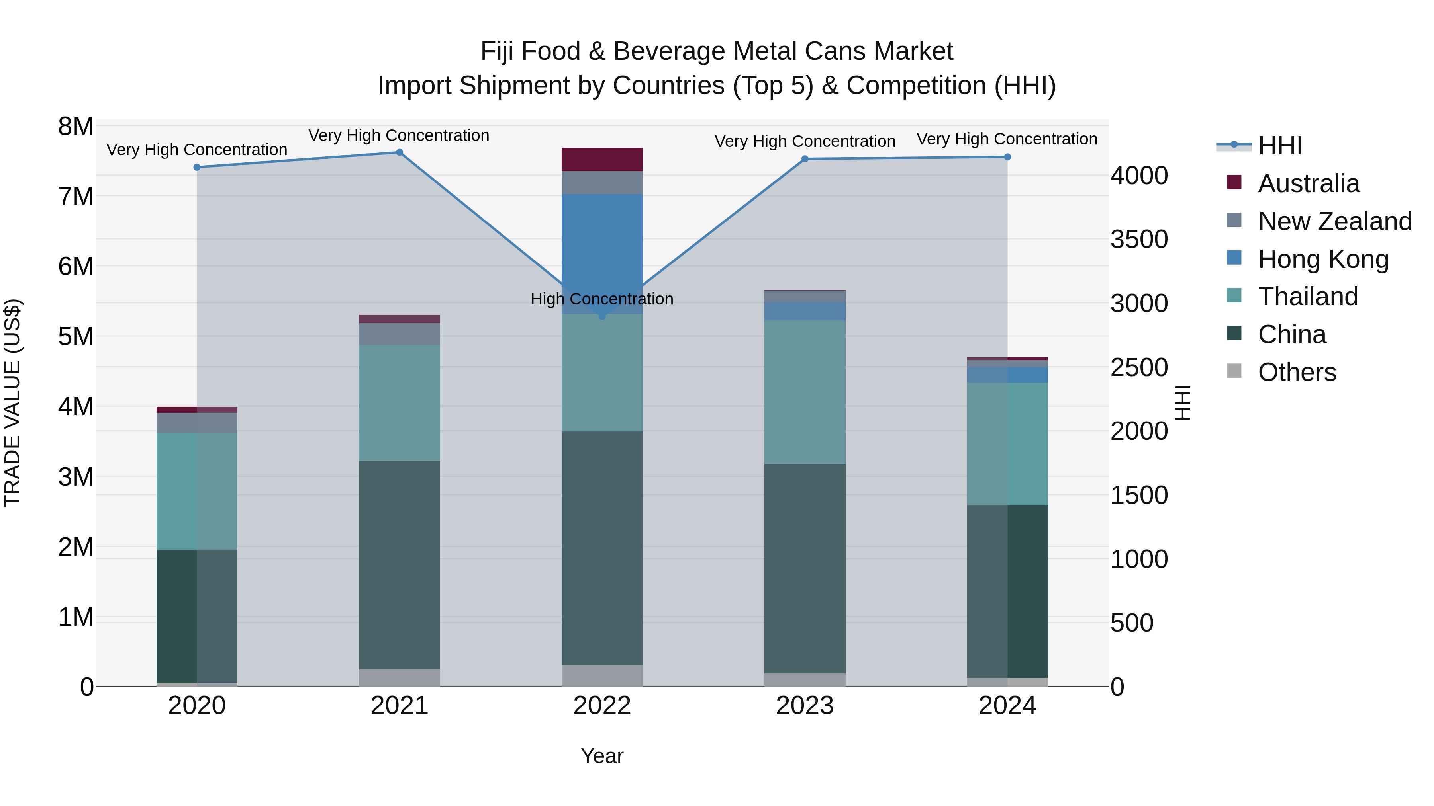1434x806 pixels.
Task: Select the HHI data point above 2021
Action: click(x=399, y=152)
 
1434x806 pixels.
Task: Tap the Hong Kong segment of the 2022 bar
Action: click(x=602, y=245)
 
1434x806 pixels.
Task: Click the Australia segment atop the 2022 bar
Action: click(x=602, y=160)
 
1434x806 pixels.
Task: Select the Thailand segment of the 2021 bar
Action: click(x=399, y=402)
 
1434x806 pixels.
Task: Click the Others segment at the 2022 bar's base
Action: click(x=602, y=676)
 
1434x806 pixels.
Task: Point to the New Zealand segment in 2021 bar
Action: click(x=399, y=334)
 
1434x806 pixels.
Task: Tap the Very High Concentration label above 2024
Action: click(x=1007, y=139)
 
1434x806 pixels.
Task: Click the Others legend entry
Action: click(x=1297, y=372)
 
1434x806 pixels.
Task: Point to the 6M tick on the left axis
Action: click(x=76, y=266)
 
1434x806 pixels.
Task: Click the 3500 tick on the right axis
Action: click(x=1139, y=240)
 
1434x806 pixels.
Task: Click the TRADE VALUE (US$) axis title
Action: click(x=12, y=403)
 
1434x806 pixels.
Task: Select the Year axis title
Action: click(x=602, y=756)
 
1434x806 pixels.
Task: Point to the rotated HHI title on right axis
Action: click(x=1182, y=403)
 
